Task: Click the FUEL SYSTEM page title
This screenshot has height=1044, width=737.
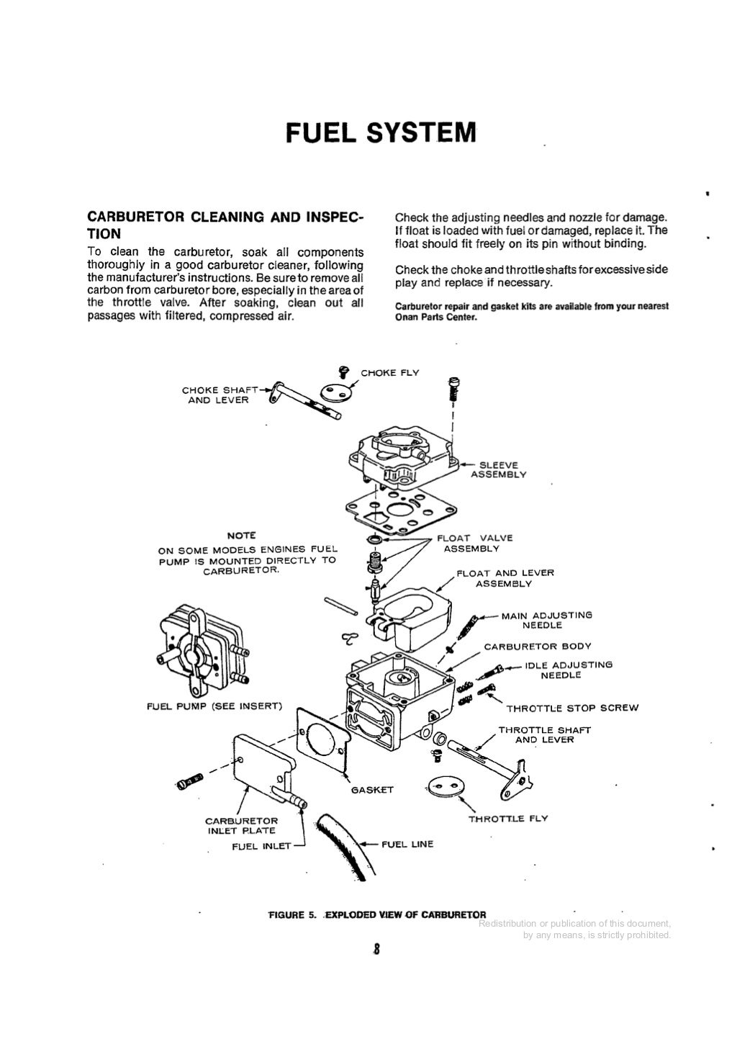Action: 381,133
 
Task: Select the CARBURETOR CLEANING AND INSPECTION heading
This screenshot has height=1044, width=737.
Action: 225,225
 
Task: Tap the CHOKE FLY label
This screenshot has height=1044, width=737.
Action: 389,372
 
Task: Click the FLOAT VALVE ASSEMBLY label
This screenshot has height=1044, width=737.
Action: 471,543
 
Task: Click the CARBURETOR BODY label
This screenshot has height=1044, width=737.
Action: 537,647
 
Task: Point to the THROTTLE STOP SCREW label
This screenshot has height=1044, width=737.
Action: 571,708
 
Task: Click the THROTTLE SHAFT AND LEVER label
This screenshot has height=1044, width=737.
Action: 544,734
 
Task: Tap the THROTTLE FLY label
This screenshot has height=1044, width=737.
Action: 508,819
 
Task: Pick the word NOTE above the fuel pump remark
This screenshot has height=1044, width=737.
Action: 241,536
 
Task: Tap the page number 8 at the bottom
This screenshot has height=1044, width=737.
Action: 376,948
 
